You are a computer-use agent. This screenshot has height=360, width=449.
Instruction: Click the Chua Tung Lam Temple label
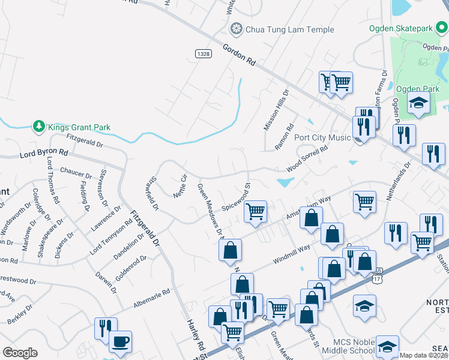[280, 29]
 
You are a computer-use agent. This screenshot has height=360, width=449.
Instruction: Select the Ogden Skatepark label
[408, 28]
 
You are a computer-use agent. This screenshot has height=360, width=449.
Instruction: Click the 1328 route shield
[203, 53]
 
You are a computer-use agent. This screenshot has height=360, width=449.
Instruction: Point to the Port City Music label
[322, 137]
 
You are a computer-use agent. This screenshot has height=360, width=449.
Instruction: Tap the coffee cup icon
[120, 342]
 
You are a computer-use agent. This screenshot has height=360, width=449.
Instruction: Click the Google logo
[20, 353]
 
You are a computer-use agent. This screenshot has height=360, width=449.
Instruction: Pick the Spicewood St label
[236, 196]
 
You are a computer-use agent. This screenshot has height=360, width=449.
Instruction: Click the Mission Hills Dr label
[276, 110]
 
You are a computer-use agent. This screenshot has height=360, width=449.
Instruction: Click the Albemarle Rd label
[152, 298]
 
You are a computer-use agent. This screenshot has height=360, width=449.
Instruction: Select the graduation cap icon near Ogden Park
[418, 103]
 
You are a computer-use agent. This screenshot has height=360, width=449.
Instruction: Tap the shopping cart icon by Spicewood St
[256, 211]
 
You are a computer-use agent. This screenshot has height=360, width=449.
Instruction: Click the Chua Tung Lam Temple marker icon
[237, 29]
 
